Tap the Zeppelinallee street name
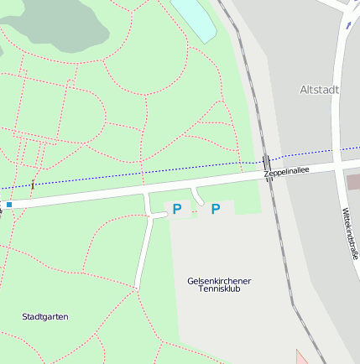[x=286, y=171]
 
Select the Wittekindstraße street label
[x=350, y=234]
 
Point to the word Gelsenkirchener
[x=219, y=280]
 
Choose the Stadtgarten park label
[x=44, y=316]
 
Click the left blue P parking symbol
[x=177, y=209]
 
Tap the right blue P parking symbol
[x=216, y=209]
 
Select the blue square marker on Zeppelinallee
[x=9, y=204]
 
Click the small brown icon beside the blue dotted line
[x=33, y=184]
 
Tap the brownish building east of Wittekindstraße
[x=353, y=181]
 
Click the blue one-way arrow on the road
[x=347, y=25]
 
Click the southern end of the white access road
[x=137, y=286]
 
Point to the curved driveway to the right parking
[x=199, y=197]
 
